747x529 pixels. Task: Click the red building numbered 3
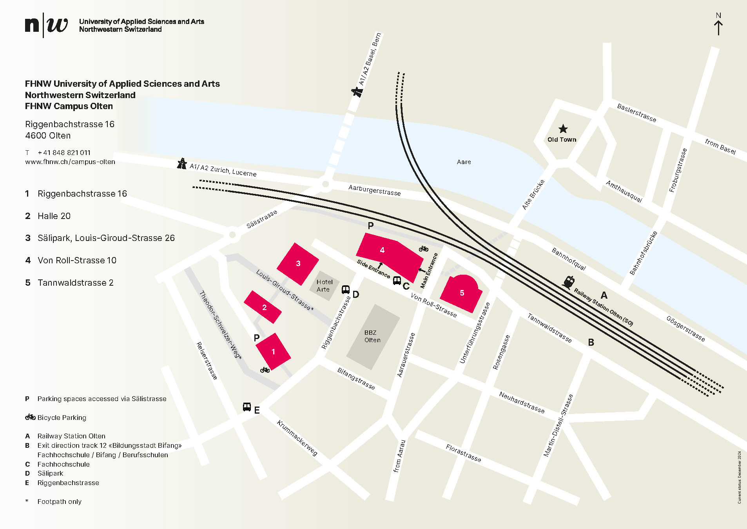pyautogui.click(x=298, y=264)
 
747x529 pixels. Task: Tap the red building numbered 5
pyautogui.click(x=462, y=293)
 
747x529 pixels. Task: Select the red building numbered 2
pyautogui.click(x=263, y=307)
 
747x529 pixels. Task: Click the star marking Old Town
pyautogui.click(x=563, y=129)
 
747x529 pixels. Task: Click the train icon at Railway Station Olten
pyautogui.click(x=569, y=282)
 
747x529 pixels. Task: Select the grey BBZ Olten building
pyautogui.click(x=372, y=337)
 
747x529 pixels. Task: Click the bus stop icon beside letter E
pyautogui.click(x=247, y=407)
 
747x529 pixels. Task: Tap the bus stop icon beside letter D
pyautogui.click(x=345, y=290)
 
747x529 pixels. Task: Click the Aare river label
pyautogui.click(x=464, y=162)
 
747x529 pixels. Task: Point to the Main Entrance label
pyautogui.click(x=429, y=271)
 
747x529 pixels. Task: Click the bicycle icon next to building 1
pyautogui.click(x=265, y=370)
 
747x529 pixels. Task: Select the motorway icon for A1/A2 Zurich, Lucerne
pyautogui.click(x=182, y=163)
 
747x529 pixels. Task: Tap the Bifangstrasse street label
pyautogui.click(x=356, y=379)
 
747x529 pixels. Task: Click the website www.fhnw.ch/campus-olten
pyautogui.click(x=70, y=162)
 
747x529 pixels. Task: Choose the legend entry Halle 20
pyautogui.click(x=54, y=216)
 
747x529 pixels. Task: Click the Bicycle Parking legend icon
pyautogui.click(x=30, y=417)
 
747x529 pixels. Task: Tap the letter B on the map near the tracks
pyautogui.click(x=591, y=343)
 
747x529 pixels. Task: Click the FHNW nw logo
pyautogui.click(x=46, y=25)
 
